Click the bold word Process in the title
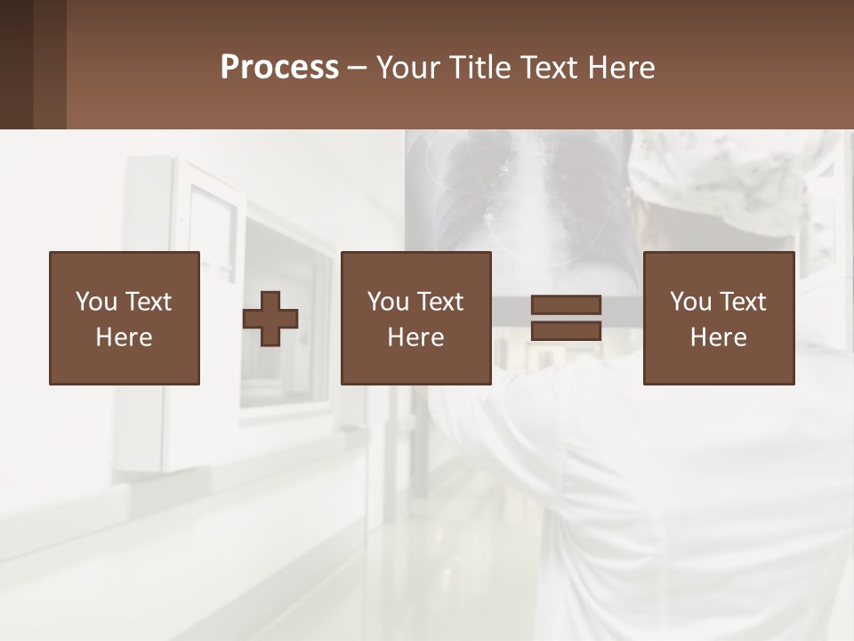click(x=279, y=68)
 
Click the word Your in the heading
click(x=408, y=68)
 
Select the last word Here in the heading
click(x=620, y=68)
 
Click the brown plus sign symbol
click(x=270, y=319)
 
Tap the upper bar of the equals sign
click(x=566, y=304)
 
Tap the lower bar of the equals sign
click(x=566, y=330)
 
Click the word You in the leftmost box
click(x=96, y=302)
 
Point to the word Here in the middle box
click(x=415, y=337)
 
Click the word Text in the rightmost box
click(x=743, y=302)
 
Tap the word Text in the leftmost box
click(x=148, y=302)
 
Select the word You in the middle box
click(x=388, y=302)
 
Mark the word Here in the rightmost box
click(x=718, y=337)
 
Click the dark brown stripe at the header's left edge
click(x=16, y=64)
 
